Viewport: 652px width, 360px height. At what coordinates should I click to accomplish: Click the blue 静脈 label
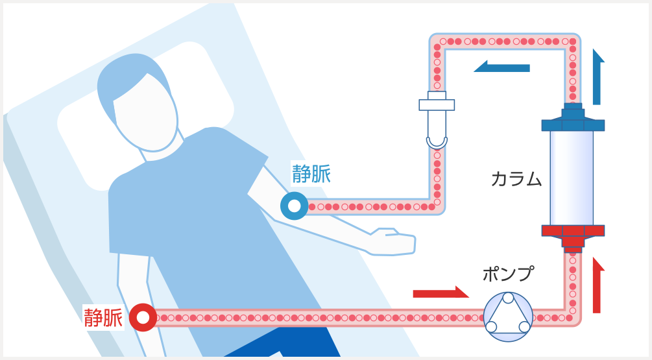click(x=311, y=174)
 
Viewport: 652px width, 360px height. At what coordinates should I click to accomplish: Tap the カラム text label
click(x=516, y=178)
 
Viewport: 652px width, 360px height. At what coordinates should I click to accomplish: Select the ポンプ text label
click(x=507, y=274)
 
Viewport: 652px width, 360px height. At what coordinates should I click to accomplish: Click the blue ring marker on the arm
click(x=294, y=207)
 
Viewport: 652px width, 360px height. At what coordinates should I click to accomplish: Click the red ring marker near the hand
click(x=143, y=318)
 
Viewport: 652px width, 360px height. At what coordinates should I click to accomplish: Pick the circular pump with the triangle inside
click(x=507, y=317)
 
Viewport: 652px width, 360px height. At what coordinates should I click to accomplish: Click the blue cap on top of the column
click(x=572, y=119)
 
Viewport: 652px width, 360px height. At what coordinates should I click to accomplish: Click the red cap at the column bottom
click(x=572, y=234)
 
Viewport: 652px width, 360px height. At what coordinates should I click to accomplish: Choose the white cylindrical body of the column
click(x=572, y=177)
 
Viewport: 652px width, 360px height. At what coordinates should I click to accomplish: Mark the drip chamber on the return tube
click(x=437, y=123)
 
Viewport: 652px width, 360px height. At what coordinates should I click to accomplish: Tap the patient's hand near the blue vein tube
click(x=390, y=241)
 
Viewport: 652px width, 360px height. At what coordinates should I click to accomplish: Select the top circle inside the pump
click(x=507, y=298)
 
